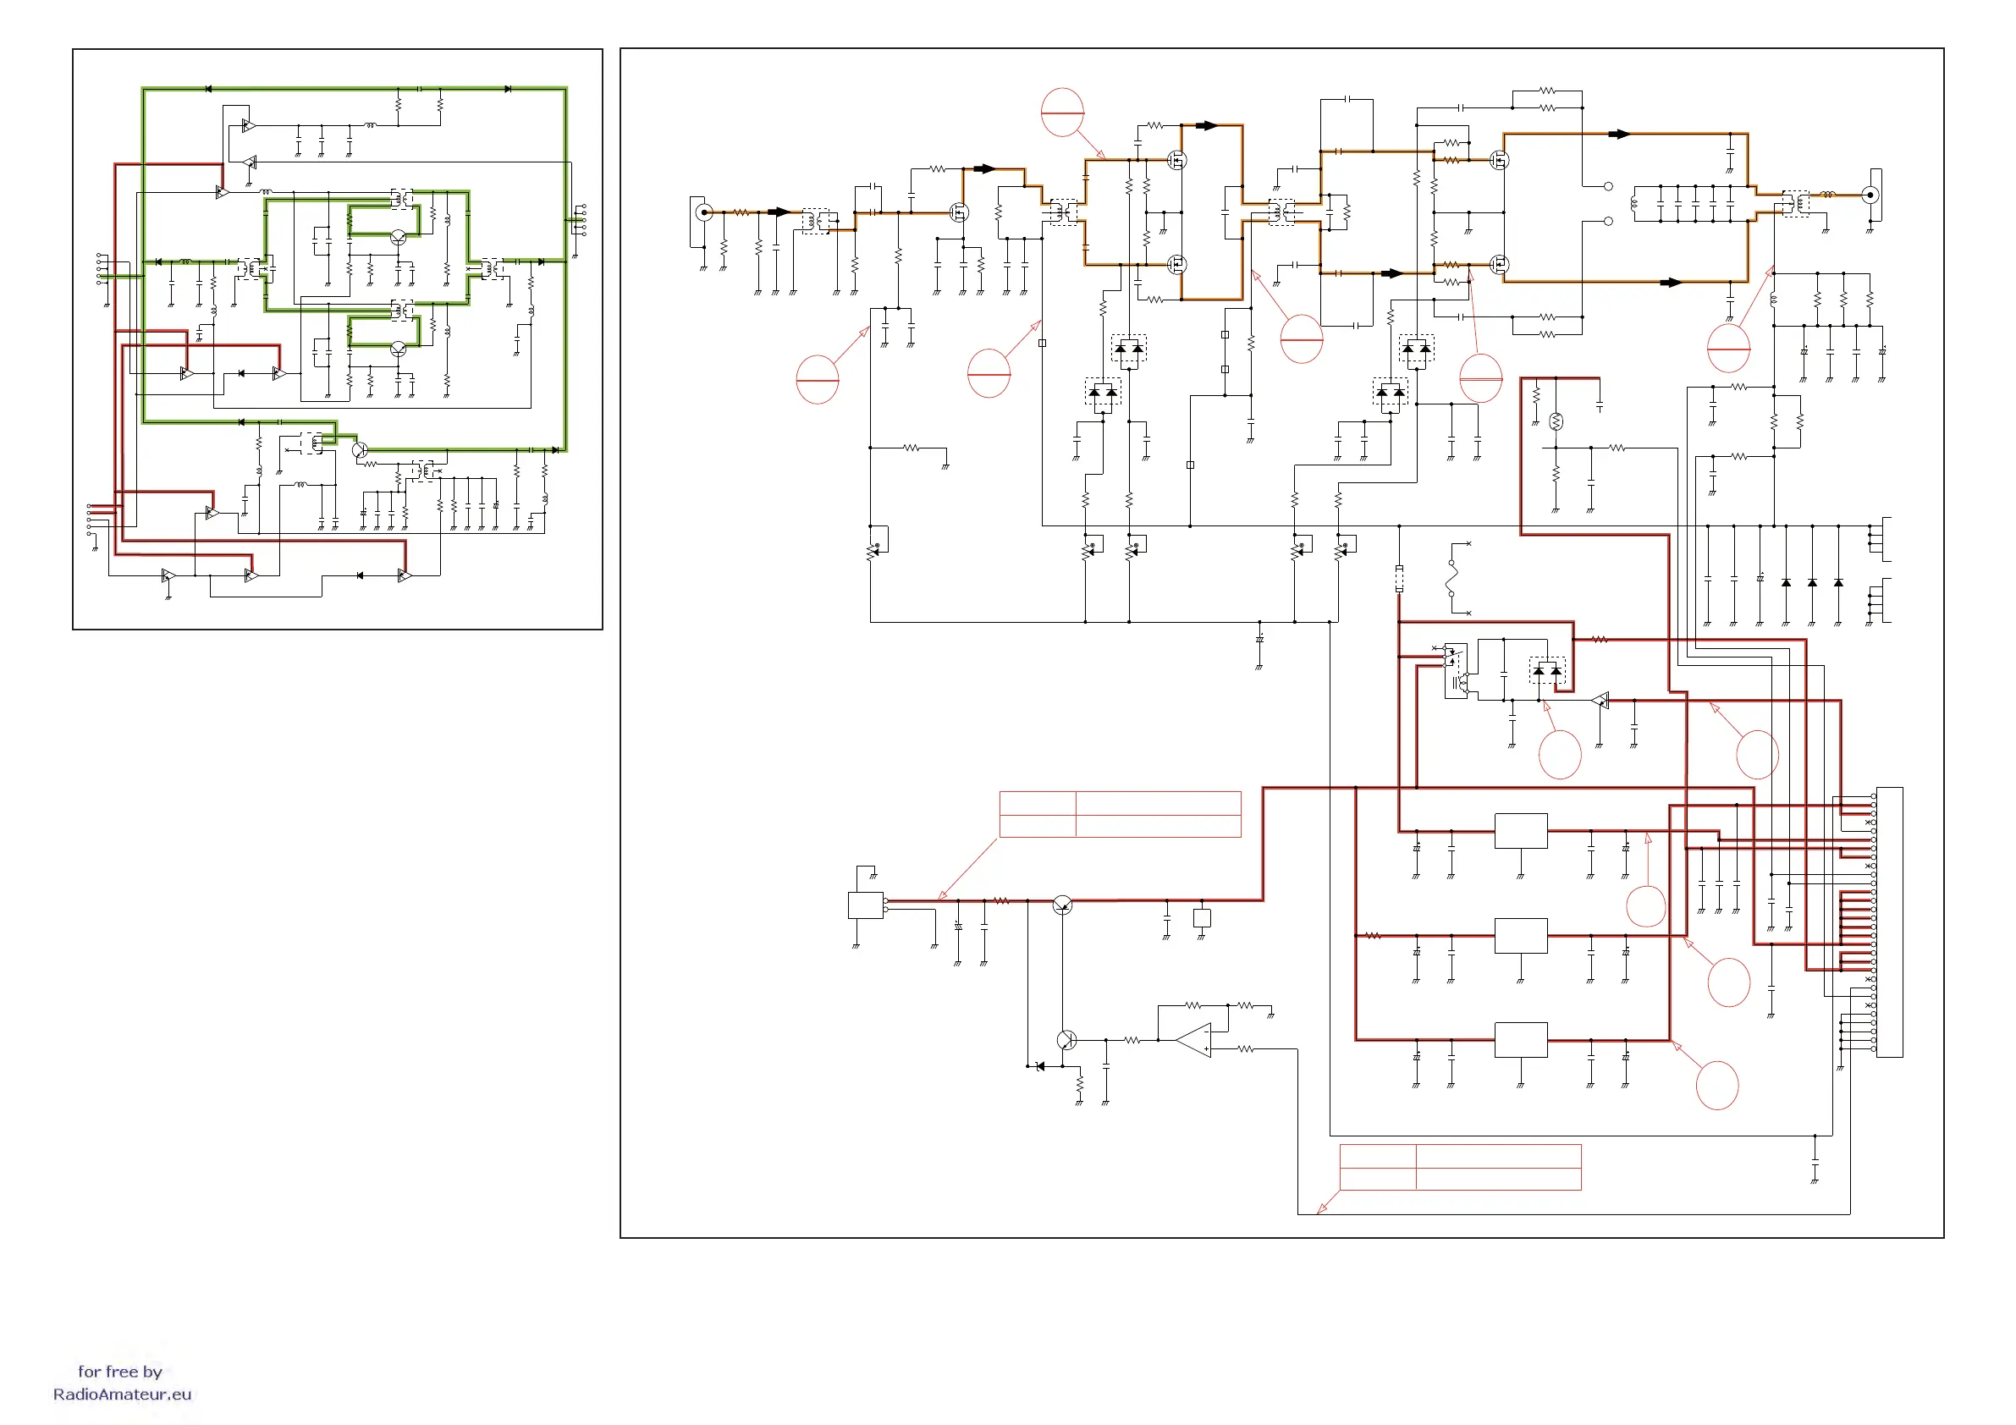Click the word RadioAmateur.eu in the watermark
[122, 1395]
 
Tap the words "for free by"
[120, 1372]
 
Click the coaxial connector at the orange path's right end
[1870, 195]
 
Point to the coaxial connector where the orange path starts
[703, 212]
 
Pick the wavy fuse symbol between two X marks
[1454, 578]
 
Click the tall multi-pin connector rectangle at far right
[1890, 922]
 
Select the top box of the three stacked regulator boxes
[1521, 831]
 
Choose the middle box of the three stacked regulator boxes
[1521, 936]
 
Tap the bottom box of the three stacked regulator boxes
[1521, 1041]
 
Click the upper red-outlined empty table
[1120, 814]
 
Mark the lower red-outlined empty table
[1460, 1167]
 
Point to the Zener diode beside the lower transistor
[1041, 1066]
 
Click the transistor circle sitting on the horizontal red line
[1062, 905]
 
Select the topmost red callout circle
[1062, 113]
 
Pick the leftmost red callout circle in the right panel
[818, 379]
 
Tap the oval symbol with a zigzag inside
[1556, 421]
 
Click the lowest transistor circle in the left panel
[359, 450]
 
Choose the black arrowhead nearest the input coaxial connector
[779, 212]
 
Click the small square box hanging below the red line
[1202, 917]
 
